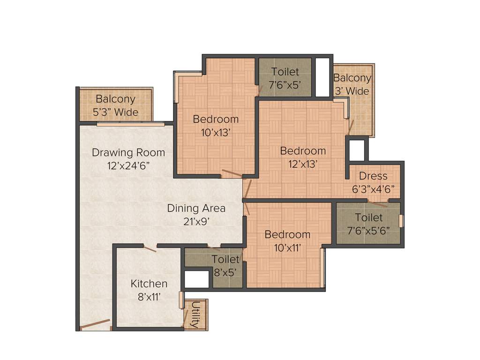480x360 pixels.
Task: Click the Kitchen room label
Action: [149, 284]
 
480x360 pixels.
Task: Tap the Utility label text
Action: [195, 315]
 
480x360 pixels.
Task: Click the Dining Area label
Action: [196, 208]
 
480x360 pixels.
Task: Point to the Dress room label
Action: [373, 176]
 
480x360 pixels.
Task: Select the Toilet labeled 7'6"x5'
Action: [285, 78]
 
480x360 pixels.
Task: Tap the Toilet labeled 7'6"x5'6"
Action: [368, 224]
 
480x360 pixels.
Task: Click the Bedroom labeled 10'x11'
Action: [287, 240]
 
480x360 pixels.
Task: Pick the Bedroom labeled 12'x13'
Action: [303, 157]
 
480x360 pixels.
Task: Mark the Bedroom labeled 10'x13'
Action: [216, 125]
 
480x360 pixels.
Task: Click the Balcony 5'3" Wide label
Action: [116, 105]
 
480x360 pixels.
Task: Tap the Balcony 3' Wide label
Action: [352, 84]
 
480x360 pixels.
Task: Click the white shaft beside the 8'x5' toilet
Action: [196, 279]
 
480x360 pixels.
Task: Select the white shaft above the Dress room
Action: [357, 150]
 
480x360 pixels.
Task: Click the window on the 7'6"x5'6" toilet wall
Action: [401, 221]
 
